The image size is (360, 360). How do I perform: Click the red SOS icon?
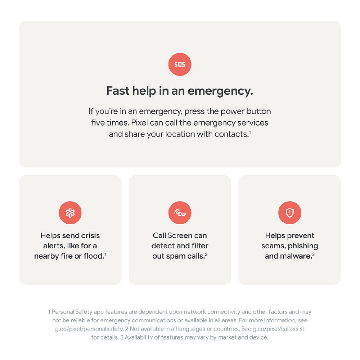(x=180, y=64)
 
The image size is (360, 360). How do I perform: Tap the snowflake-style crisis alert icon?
(x=70, y=213)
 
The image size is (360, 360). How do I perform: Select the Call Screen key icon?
(x=180, y=213)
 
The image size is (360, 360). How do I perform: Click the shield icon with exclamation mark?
(x=290, y=213)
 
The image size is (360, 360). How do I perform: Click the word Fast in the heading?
(x=118, y=91)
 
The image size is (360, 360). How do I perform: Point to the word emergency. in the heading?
(x=220, y=91)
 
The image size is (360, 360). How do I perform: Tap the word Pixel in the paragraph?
(x=139, y=123)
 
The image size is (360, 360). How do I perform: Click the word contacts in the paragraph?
(x=231, y=134)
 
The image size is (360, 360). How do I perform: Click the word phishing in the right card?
(x=303, y=246)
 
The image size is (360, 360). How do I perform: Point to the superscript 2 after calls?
(x=206, y=254)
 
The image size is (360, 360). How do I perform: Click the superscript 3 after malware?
(x=314, y=254)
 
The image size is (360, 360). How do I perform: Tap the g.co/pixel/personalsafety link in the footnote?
(x=89, y=329)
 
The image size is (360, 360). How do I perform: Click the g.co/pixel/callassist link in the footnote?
(x=279, y=329)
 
